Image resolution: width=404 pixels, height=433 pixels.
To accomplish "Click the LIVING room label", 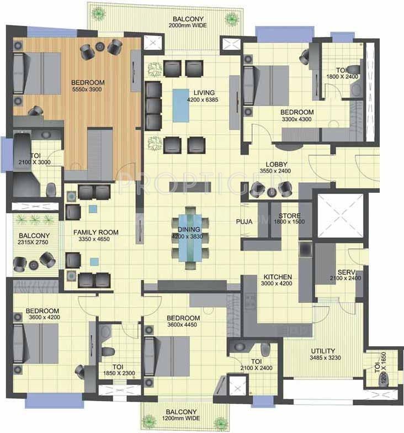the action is click(x=204, y=93).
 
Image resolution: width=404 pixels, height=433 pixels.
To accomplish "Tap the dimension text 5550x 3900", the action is click(x=87, y=89).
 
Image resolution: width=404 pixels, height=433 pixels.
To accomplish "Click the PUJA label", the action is click(x=244, y=221).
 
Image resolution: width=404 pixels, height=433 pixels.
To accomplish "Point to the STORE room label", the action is click(x=289, y=215).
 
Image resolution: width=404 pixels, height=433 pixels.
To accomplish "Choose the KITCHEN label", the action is click(x=278, y=277).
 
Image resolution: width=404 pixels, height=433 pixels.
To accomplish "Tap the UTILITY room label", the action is click(x=323, y=351).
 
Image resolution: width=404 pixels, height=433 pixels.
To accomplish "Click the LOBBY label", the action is click(x=277, y=165).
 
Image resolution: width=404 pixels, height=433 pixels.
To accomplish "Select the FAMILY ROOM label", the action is click(x=96, y=233).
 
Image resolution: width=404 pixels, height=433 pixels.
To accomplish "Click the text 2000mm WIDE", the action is click(x=188, y=25).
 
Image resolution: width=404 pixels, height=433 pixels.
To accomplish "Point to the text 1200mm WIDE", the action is click(x=181, y=418).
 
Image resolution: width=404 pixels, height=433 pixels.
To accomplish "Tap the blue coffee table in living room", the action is click(x=181, y=105).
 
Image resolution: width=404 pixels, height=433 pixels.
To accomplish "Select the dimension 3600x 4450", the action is click(x=182, y=325).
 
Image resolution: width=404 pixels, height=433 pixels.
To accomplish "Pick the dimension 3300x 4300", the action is click(x=297, y=119).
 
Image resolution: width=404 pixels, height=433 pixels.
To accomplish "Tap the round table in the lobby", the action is click(x=272, y=192).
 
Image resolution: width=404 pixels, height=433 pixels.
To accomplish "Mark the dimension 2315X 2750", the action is click(x=33, y=242).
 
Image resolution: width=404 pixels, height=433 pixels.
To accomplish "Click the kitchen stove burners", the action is click(x=251, y=301).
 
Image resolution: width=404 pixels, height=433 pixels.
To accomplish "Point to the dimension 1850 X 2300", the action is click(x=119, y=373).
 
